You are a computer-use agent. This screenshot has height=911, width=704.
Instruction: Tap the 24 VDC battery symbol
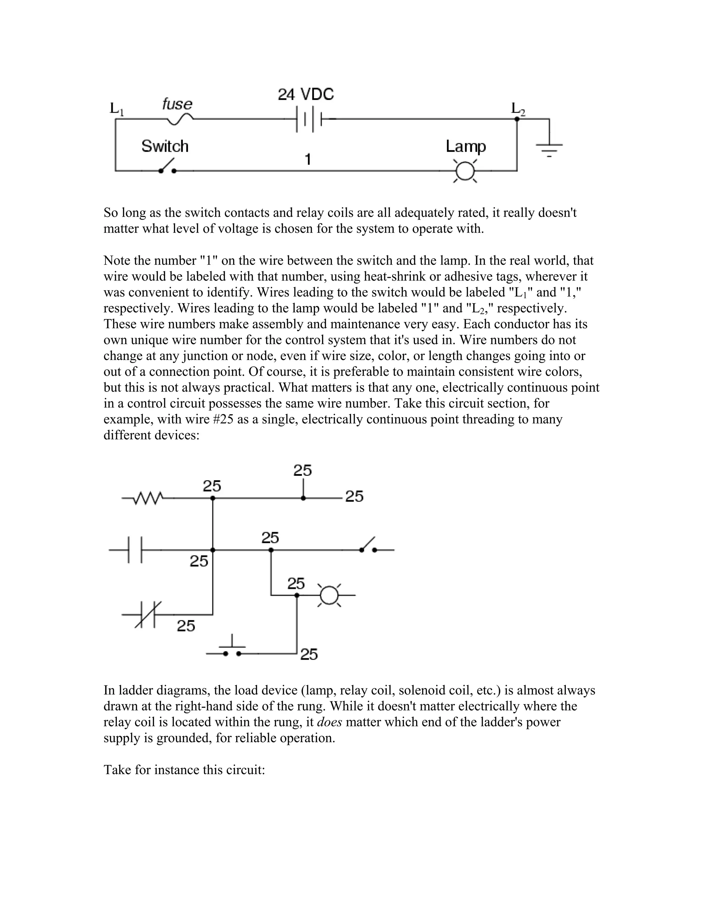309,120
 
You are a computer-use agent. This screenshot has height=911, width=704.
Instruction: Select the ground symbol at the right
549,148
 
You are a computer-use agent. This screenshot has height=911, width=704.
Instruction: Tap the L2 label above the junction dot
518,109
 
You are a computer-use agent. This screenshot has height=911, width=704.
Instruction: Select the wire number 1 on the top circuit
308,160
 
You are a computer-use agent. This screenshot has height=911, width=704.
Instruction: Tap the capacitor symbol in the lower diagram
135,550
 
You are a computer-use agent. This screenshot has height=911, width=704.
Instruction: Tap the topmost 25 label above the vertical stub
302,471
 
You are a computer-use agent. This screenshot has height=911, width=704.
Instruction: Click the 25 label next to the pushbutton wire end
309,654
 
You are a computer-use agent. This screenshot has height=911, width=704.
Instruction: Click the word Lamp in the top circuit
465,146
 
